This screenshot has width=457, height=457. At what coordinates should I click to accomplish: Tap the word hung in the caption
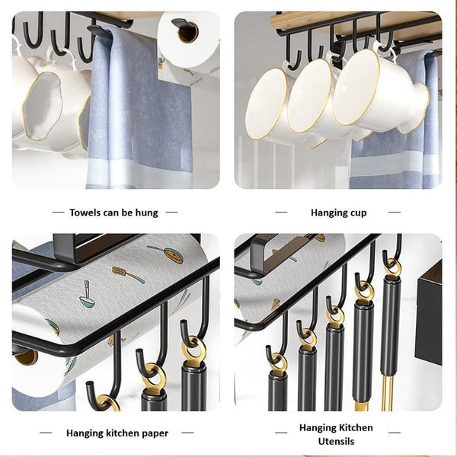[x=146, y=213]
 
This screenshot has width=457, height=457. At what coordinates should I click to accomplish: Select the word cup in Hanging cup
[x=356, y=213]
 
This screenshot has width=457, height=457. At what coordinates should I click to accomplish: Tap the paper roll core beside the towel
[x=187, y=31]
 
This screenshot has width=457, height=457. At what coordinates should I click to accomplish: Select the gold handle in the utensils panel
[x=388, y=392]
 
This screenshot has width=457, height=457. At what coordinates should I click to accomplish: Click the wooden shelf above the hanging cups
[x=343, y=19]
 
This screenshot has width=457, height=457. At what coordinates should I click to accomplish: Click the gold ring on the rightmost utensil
[x=392, y=267]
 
